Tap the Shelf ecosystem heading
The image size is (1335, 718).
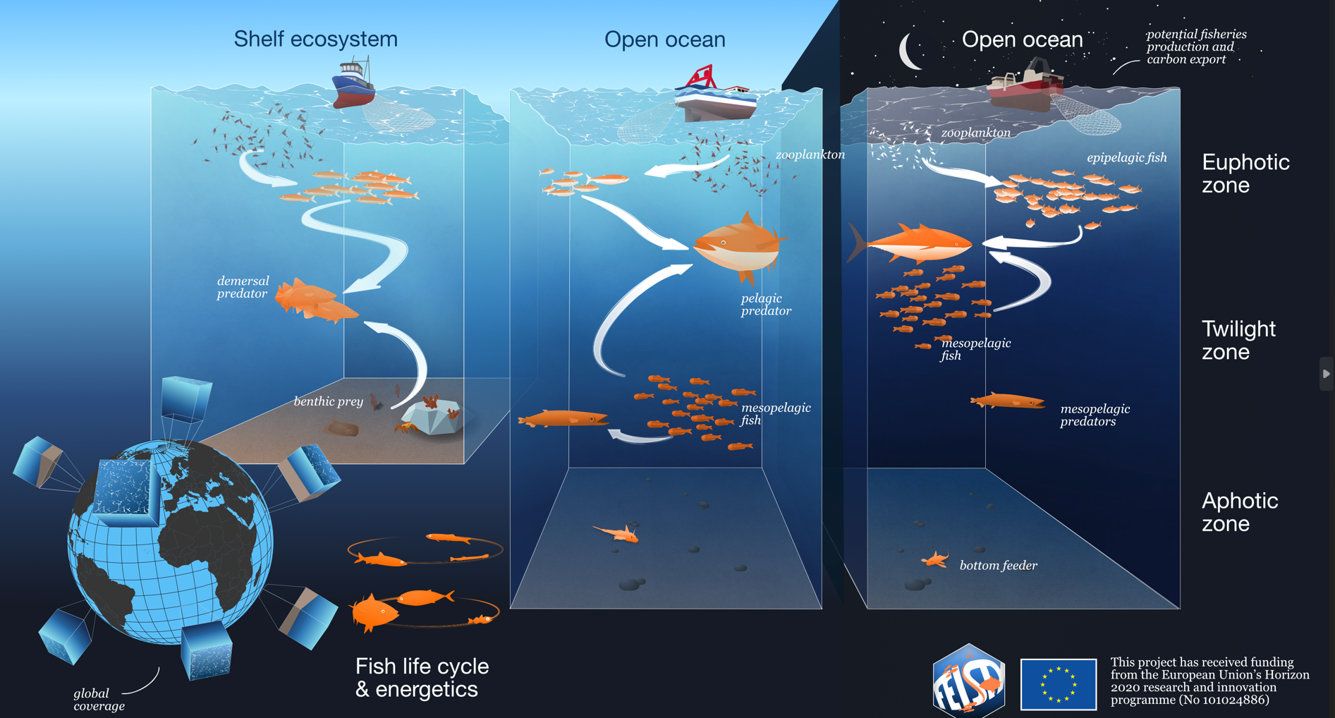pos(315,39)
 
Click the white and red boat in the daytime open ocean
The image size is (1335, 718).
pos(715,95)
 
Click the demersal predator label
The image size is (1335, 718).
pos(243,287)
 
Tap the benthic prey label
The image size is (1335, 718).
pos(328,401)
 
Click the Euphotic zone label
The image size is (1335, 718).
pos(1245,174)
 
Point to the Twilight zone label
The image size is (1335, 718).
pos(1238,340)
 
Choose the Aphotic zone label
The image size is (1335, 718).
pos(1239,512)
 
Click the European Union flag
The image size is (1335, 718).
pos(1058,684)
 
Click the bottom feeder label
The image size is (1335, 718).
pos(998,565)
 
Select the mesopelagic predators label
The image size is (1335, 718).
pos(1095,415)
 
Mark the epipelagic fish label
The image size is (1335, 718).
pos(1126,158)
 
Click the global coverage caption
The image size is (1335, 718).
pos(99,700)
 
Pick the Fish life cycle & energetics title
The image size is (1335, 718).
pos(422,677)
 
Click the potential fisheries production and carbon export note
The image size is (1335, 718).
pos(1196,47)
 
